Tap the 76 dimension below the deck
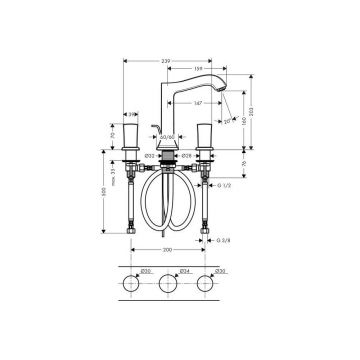244,162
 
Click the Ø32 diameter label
147,155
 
